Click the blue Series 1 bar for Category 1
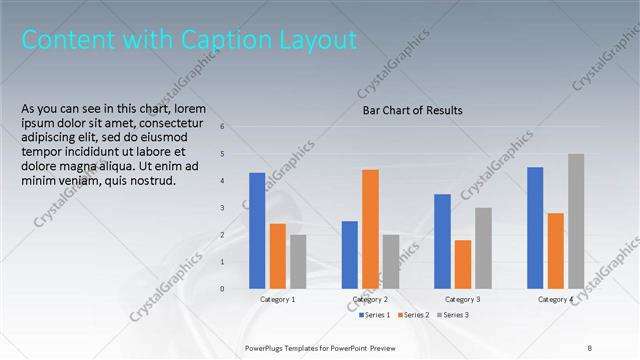[x=257, y=230]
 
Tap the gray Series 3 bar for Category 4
[x=576, y=221]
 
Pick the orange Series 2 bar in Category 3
[x=463, y=264]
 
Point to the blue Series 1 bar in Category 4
[x=535, y=227]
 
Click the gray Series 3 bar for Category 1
[x=298, y=261]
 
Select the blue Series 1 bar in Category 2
[x=350, y=254]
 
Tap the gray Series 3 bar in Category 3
[x=483, y=248]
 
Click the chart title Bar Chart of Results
[x=412, y=111]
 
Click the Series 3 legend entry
[x=452, y=315]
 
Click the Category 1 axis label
[x=277, y=299]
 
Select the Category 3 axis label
[x=462, y=299]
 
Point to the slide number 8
[x=589, y=347]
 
